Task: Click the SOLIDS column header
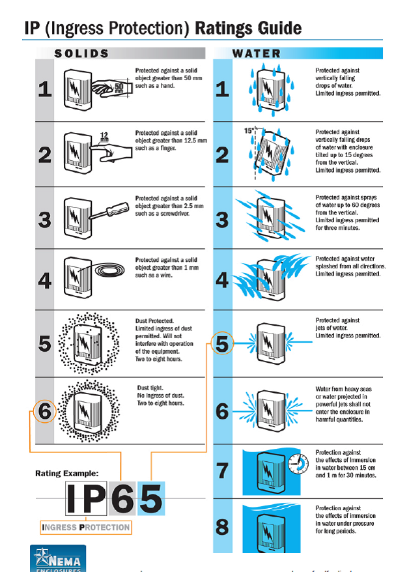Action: pos(81,53)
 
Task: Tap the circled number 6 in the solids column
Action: pos(45,411)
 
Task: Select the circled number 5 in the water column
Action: pos(223,343)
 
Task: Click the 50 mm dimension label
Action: pos(119,87)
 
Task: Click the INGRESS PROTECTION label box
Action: pos(85,527)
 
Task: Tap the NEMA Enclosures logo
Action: pos(58,559)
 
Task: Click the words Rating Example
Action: pos(67,473)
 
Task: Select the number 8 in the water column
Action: pos(222,527)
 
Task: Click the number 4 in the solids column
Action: pos(44,281)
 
